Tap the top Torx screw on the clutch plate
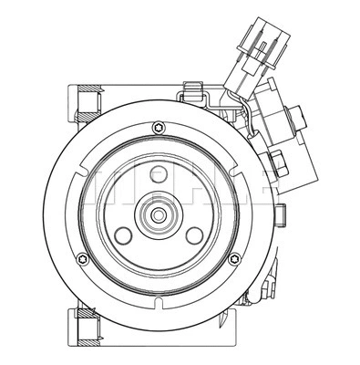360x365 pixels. tap(160, 125)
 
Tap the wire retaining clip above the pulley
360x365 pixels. tap(191, 92)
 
